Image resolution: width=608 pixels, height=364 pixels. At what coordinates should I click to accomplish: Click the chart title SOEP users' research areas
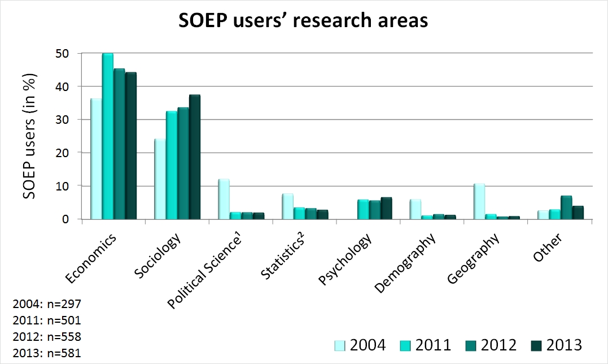[303, 21]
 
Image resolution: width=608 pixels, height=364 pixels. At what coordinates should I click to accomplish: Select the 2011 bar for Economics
[107, 136]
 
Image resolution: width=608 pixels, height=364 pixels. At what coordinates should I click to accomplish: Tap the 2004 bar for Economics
[95, 159]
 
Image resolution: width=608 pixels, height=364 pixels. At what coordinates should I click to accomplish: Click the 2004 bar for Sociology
[160, 179]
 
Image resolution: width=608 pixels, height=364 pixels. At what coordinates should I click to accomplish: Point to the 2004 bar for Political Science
[224, 199]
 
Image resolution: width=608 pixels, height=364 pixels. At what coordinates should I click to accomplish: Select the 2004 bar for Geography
[479, 201]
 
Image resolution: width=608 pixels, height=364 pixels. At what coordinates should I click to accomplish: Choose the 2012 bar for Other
[550, 207]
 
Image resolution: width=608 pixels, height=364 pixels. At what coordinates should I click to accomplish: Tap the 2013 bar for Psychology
[386, 208]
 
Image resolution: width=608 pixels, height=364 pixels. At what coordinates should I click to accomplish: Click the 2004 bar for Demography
[415, 209]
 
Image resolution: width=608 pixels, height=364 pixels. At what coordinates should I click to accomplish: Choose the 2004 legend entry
[361, 345]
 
